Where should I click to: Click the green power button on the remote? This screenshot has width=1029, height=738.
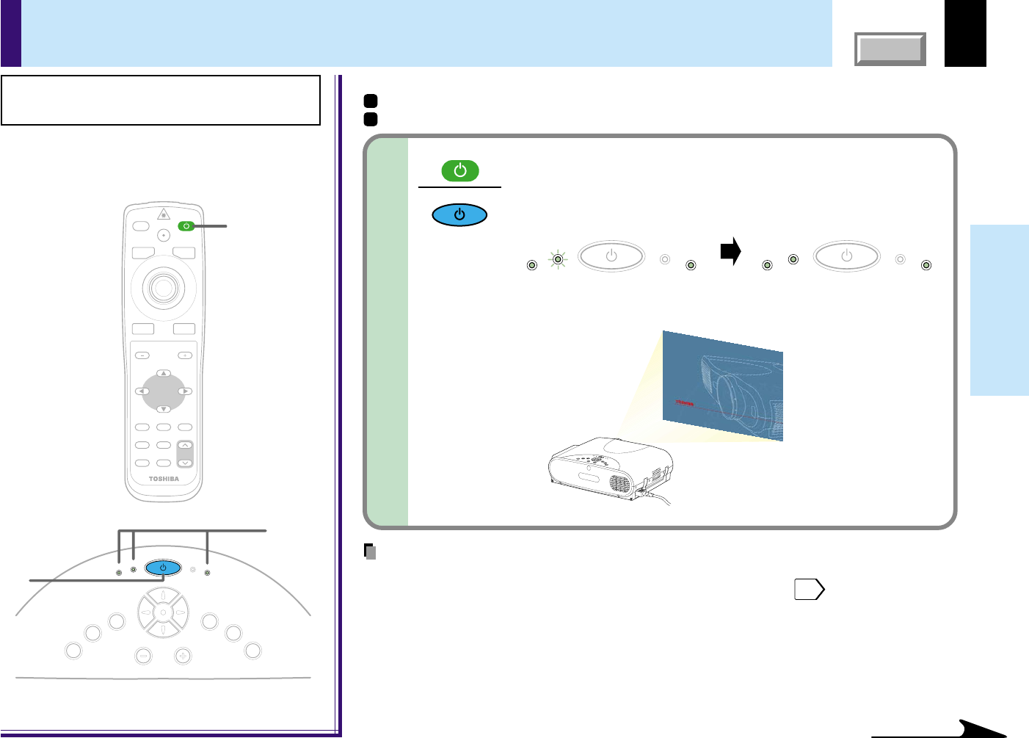(x=186, y=226)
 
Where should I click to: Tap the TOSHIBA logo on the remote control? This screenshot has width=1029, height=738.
(x=164, y=479)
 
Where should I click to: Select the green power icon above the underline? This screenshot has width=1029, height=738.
(x=460, y=171)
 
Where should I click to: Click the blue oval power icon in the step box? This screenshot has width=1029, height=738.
(x=459, y=215)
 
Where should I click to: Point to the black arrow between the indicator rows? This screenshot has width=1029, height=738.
(x=730, y=252)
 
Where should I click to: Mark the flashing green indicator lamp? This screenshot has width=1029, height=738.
(x=559, y=258)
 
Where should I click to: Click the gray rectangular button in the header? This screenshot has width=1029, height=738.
(x=890, y=49)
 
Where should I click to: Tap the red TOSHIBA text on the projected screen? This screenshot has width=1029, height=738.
(x=684, y=403)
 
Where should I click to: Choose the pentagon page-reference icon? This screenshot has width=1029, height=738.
(x=809, y=590)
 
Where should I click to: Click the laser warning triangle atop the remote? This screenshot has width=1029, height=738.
(x=164, y=214)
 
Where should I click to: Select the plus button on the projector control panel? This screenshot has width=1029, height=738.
(x=183, y=656)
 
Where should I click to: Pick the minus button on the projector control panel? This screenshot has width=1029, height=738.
(x=144, y=656)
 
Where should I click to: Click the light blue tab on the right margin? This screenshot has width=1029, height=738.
(x=999, y=310)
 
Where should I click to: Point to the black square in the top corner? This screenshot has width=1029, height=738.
(x=965, y=33)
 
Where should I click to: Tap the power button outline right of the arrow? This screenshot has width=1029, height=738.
(x=846, y=256)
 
